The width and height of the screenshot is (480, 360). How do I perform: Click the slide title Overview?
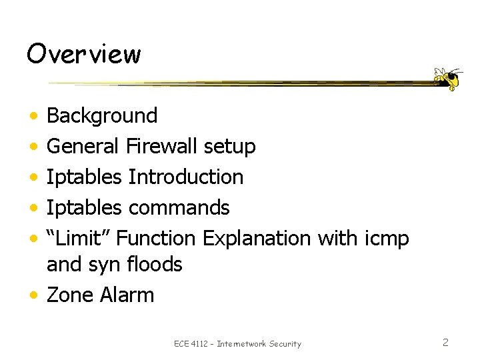pos(83,53)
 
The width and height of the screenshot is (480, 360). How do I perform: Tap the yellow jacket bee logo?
pos(447,78)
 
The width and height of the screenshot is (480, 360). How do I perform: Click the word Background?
pos(102,116)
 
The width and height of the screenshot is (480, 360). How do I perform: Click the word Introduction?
pos(185,177)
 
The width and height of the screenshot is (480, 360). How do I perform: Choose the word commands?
pos(179,207)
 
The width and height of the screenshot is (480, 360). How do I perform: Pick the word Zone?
pos(71,295)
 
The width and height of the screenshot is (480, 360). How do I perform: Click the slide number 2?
pos(445,343)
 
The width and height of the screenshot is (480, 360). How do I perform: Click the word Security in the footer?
pos(285,344)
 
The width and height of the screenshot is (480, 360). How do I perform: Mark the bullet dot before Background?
pos(33,116)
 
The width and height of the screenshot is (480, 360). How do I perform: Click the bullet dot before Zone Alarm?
pos(33,295)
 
